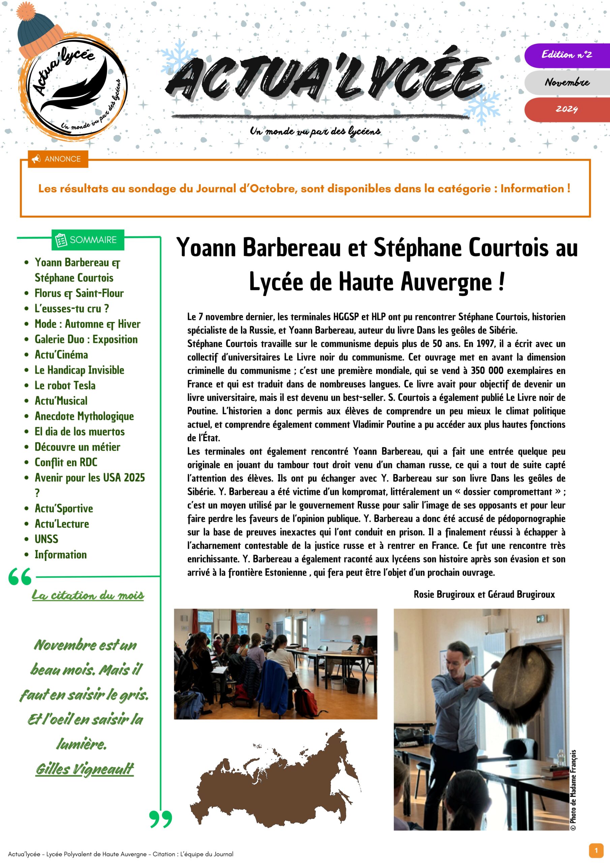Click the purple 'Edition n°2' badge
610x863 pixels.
point(567,55)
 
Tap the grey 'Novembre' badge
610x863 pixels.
point(567,82)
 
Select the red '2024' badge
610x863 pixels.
point(567,109)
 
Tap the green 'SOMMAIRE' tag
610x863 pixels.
point(88,240)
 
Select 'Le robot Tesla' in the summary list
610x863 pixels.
point(65,385)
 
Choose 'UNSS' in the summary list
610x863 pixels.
point(47,539)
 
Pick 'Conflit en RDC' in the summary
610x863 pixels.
point(66,462)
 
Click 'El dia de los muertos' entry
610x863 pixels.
point(79,431)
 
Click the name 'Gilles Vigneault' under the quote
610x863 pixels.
point(85,769)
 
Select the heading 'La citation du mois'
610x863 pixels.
point(88,595)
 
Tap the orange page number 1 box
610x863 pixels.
point(596,850)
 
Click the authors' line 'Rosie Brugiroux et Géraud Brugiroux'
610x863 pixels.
point(484,594)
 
